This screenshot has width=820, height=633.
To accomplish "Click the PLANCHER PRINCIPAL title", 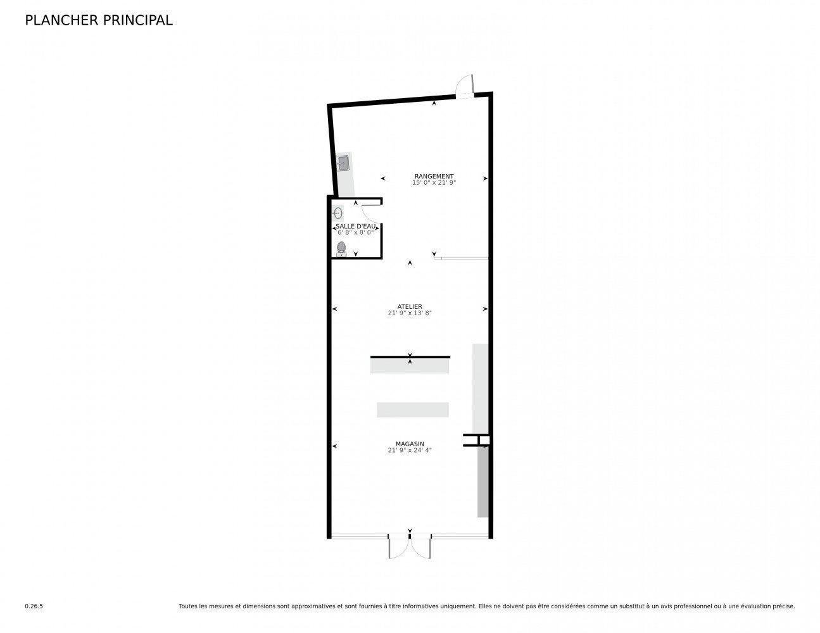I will click(98, 20).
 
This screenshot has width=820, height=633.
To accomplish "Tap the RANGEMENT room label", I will click(434, 176).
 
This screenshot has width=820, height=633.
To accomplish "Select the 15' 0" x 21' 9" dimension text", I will click(434, 182).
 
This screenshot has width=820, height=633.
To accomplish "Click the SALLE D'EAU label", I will click(355, 226).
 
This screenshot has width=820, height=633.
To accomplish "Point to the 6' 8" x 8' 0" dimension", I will click(355, 232).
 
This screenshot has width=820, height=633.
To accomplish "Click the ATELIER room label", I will click(410, 306).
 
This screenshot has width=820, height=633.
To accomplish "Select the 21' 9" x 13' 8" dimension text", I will click(410, 313).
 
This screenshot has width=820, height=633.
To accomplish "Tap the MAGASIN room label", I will click(410, 444).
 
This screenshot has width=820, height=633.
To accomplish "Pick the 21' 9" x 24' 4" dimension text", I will click(410, 450).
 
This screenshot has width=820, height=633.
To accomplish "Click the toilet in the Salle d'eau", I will click(342, 249).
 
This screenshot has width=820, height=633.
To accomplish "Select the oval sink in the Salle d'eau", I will click(337, 213).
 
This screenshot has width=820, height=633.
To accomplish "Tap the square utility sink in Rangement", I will click(343, 163).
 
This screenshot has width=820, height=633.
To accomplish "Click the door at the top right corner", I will click(465, 86).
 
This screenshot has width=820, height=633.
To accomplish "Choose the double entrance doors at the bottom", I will click(410, 548).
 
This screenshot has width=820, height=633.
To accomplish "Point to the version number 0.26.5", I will click(34, 606).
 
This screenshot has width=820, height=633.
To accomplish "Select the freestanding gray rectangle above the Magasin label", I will click(412, 410).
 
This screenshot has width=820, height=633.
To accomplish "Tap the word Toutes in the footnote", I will click(188, 606).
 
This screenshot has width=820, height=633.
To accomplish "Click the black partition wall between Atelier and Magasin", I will click(410, 357).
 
